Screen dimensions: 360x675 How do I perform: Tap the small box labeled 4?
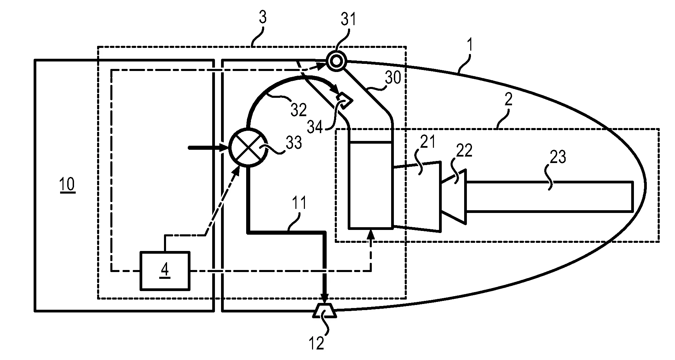165,271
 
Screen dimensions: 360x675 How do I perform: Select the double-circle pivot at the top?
336,61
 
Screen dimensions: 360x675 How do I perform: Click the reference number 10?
67,185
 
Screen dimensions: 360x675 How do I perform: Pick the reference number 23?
558,157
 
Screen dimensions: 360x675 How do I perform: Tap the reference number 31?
349,19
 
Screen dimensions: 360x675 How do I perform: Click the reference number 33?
294,143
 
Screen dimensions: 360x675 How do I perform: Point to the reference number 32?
299,109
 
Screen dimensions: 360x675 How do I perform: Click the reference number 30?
393,78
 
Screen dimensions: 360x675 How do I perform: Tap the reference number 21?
427,142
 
